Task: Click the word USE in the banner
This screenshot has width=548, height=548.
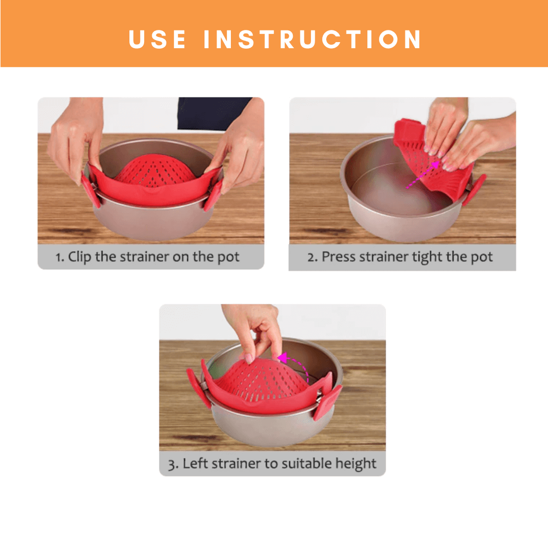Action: (x=157, y=39)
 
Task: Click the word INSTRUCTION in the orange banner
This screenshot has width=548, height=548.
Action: (x=313, y=39)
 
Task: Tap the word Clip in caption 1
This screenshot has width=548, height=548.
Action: (x=79, y=257)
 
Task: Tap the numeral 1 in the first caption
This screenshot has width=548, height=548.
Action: (x=58, y=258)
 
